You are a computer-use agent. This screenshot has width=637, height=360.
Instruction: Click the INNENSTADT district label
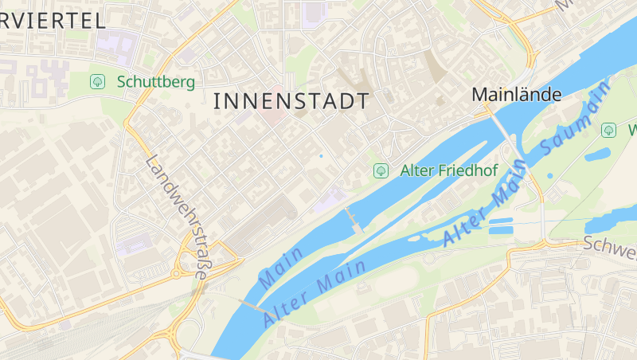[x=291, y=101]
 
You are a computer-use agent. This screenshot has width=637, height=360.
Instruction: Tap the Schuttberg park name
[x=155, y=81]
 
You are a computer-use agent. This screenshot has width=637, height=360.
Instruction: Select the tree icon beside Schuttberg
[x=98, y=81]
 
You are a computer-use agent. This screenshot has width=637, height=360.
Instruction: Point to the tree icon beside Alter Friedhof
[x=381, y=170]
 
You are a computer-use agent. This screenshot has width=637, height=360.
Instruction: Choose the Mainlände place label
[x=517, y=94]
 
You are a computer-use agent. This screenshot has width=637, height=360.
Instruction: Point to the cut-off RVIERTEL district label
[x=53, y=21]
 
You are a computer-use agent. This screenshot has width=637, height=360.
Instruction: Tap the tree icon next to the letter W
[x=609, y=129]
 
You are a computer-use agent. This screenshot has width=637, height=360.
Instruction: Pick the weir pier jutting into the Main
[x=354, y=219]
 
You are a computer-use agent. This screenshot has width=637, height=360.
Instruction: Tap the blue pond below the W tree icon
[x=598, y=154]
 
